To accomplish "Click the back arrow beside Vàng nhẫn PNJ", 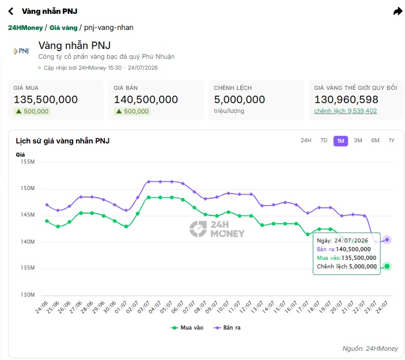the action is (11, 11).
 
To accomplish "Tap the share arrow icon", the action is (398, 11).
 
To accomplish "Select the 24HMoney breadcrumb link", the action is (25, 28).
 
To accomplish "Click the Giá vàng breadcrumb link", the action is (63, 28).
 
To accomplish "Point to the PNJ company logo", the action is (21, 51).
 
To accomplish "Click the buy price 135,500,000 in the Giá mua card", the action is (46, 100).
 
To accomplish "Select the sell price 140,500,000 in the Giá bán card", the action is (146, 100).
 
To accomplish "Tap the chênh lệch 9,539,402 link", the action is (345, 111).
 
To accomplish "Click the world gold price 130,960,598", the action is (346, 100).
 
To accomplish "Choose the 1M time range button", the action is (340, 141).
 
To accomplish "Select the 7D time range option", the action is (324, 141).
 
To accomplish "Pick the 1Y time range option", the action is (391, 141).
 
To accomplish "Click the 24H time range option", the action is (306, 141).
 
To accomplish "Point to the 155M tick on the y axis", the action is (28, 162).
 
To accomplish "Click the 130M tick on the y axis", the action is (28, 295).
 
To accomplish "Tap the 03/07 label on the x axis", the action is (143, 307).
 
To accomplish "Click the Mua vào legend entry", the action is (187, 328).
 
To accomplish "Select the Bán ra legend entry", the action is (227, 328).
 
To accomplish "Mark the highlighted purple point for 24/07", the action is (387, 240).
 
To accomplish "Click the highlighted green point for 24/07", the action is (387, 266).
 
